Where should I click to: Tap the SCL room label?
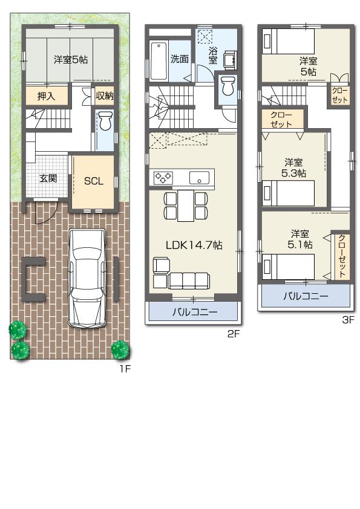93,181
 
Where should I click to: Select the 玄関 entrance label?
48,178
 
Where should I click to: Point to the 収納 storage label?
104,96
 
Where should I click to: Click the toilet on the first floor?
105,122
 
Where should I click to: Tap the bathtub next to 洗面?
159,60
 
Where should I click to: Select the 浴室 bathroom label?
213,56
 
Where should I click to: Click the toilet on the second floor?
227,86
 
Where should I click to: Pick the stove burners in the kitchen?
163,178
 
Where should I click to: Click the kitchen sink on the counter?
198,178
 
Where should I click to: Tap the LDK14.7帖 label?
194,245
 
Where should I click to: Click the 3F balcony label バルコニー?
306,296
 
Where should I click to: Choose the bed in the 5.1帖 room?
288,267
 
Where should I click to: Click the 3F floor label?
347,320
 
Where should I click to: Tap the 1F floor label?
123,368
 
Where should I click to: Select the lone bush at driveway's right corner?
120,349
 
